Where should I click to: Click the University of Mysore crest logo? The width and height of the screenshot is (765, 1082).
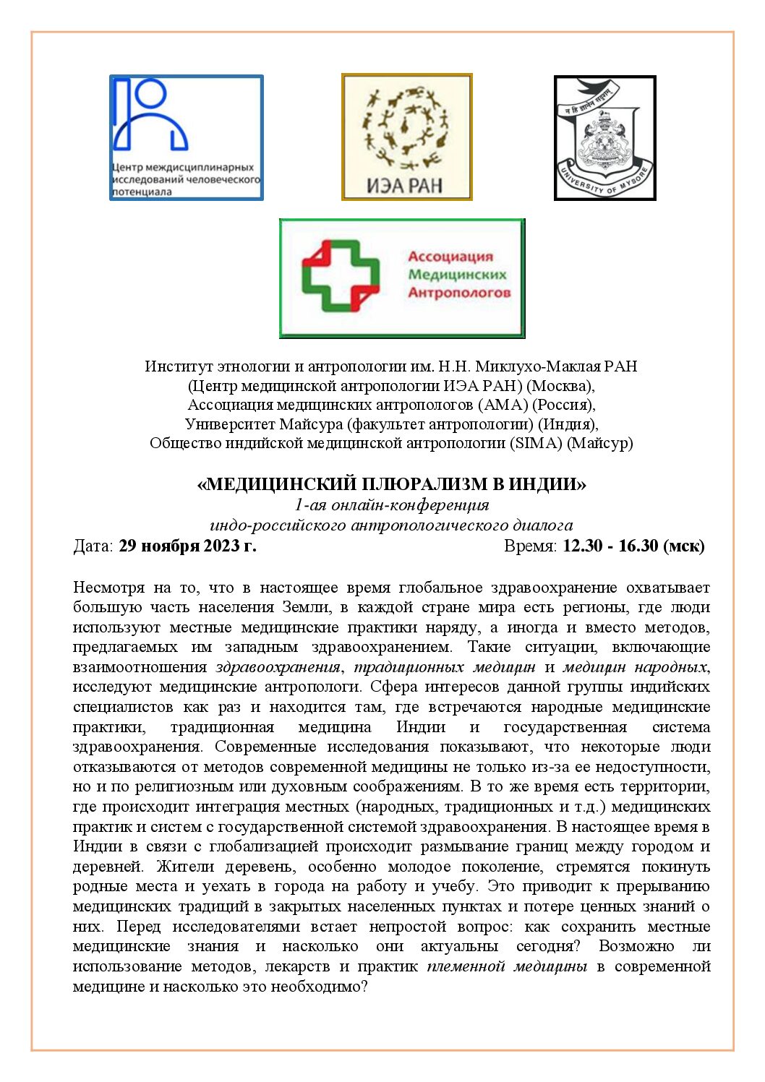coord(604,137)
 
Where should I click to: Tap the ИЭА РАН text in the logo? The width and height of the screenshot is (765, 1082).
coord(405,185)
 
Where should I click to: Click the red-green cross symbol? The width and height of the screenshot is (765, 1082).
coord(340,275)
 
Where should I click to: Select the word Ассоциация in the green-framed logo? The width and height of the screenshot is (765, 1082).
coord(450,257)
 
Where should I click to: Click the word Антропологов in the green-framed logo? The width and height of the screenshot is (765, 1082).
coord(459,293)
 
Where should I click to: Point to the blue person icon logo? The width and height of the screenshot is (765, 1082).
coord(151,116)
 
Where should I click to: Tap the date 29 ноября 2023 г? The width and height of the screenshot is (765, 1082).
coord(187,546)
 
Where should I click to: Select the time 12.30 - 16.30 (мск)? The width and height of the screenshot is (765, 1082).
coord(633,546)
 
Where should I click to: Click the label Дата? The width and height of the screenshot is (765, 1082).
coord(93,546)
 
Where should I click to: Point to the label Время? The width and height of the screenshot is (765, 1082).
coord(530,546)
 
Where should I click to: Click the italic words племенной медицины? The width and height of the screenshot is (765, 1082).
coord(507,966)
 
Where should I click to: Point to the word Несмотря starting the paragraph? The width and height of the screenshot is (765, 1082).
coord(107,588)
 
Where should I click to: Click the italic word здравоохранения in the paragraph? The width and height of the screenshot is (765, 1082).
coord(278,667)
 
